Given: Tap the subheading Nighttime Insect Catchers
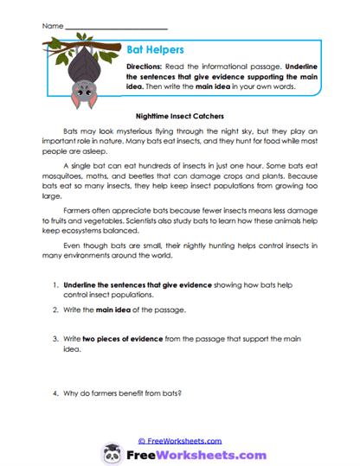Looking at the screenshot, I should click(x=180, y=113).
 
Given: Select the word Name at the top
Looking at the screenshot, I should click(x=51, y=15).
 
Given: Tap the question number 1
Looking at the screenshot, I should click(x=54, y=284).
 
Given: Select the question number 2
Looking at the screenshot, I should click(x=54, y=310).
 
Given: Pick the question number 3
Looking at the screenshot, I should click(x=54, y=335).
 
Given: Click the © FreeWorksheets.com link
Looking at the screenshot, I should click(x=180, y=440).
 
